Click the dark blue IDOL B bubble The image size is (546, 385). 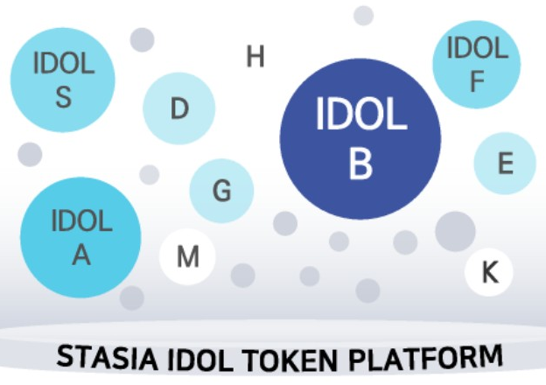point(360,138)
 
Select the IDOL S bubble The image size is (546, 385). point(63,80)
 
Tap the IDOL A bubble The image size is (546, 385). point(80,237)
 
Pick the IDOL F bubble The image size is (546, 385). point(476,65)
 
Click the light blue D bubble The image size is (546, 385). point(179,108)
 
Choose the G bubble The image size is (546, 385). point(221,191)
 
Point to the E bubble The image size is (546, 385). point(505,163)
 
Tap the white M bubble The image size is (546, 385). point(187,256)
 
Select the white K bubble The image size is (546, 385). point(489,272)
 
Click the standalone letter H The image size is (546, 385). point(255,56)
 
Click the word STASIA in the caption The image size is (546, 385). point(107,357)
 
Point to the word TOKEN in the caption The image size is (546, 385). point(289,360)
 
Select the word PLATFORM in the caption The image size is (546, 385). point(425,357)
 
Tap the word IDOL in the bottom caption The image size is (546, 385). point(200,360)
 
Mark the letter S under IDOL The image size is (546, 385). point(64,97)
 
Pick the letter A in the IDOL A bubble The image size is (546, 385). point(81,255)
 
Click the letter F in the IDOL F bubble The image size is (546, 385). point(478,81)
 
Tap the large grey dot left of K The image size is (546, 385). point(455,231)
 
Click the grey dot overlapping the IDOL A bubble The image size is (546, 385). point(132,298)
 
